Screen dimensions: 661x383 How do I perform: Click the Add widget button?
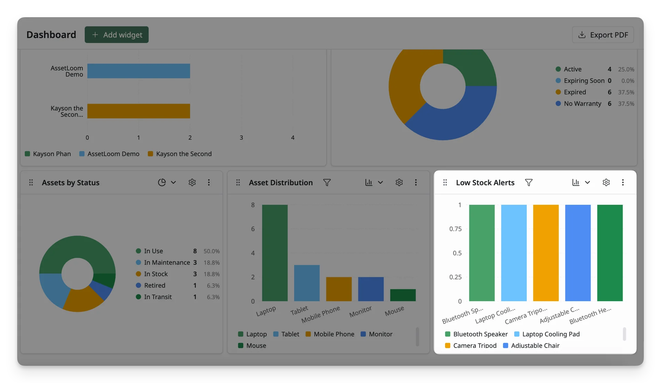point(117,35)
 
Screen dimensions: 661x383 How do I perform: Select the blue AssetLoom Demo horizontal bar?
point(138,71)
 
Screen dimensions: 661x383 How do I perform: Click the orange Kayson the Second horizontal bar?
point(138,111)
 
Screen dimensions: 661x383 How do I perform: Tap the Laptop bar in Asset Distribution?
point(275,253)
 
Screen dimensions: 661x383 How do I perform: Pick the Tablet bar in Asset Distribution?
point(307,283)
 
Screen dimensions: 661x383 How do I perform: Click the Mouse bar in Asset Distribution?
point(403,295)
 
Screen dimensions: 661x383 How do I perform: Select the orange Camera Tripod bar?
point(546,253)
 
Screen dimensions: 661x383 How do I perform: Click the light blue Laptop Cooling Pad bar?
point(514,253)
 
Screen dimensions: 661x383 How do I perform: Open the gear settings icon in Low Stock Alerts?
point(606,182)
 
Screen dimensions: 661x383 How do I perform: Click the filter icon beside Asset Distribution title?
point(327,182)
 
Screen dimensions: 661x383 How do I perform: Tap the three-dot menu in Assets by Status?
point(209,182)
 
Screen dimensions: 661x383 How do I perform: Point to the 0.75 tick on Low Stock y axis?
point(455,229)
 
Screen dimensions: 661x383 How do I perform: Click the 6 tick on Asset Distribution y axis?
point(253,229)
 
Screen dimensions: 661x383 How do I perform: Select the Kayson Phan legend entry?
point(48,154)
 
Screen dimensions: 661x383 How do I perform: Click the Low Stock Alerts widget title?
point(485,182)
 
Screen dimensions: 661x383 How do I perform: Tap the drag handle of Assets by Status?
point(31,182)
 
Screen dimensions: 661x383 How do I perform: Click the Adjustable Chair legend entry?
point(531,345)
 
